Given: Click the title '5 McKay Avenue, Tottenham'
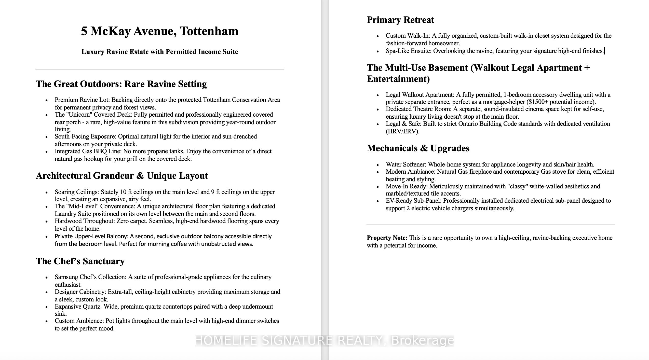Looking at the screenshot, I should tap(159, 31).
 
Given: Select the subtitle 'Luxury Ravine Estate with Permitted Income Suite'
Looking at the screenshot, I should tap(159, 52).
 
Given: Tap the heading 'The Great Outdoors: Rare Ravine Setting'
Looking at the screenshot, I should tap(121, 84).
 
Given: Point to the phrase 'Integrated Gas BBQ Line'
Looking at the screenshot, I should tap(88, 151).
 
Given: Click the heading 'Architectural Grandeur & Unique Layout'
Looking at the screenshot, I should tap(122, 176).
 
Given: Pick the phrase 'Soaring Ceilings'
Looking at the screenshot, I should tap(77, 192).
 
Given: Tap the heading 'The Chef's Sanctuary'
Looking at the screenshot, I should tap(80, 261).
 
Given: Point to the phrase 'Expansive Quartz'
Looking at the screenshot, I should tap(77, 307).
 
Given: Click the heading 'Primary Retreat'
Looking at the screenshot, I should tap(400, 20).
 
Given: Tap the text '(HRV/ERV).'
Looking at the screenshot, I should tap(402, 131).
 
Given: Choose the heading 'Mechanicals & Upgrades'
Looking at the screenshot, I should tap(418, 148).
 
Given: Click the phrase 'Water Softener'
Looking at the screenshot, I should tap(405, 164).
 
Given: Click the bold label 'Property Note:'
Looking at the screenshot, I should tap(387, 238).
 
